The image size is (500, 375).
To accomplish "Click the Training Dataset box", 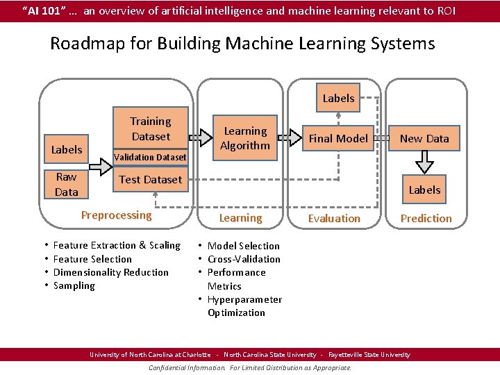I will click(151, 128).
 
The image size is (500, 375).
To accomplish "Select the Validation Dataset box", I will click(150, 157).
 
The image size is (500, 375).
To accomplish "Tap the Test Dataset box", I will click(150, 179).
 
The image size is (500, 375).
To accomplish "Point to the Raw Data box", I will click(67, 184).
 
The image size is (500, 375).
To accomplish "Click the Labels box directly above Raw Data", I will click(67, 149).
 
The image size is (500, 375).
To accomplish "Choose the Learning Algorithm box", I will click(244, 138).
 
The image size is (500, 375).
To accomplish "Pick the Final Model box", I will click(338, 138).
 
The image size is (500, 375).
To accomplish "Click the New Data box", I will click(424, 138).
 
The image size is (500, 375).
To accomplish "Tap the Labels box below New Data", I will click(424, 190).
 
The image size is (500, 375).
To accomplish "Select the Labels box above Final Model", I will click(338, 98).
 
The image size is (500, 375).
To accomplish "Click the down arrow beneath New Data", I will click(424, 162).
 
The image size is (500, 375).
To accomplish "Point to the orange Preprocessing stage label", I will click(116, 215).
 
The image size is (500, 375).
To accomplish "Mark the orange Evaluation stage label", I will click(334, 218).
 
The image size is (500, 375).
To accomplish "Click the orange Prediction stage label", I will click(426, 218).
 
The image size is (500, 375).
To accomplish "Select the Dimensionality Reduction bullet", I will click(110, 272).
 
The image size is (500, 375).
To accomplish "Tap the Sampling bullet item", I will click(74, 285).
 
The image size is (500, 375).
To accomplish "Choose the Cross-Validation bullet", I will click(244, 259).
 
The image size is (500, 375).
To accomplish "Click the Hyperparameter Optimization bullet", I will click(244, 306).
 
